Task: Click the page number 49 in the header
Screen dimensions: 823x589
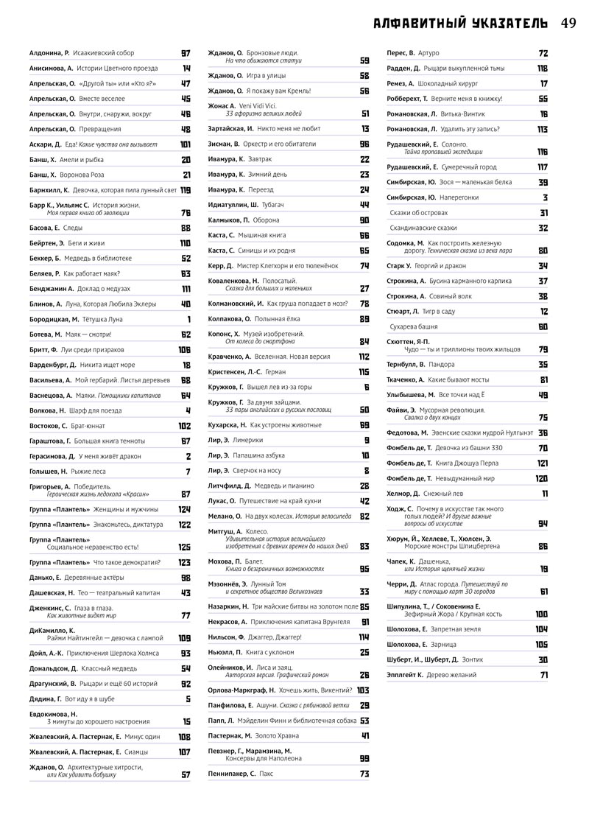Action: (567, 23)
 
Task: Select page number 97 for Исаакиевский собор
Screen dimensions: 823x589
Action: (186, 54)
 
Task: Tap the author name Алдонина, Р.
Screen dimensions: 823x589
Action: (49, 54)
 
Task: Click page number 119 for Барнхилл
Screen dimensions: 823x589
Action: (186, 190)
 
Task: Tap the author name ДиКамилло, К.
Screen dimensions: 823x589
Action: (52, 631)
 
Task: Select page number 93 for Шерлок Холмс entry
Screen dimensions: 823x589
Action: (186, 653)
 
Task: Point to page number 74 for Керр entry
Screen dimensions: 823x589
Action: (364, 265)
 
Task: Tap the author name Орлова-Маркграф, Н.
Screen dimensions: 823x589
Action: (241, 690)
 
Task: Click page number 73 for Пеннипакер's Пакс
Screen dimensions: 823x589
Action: (364, 774)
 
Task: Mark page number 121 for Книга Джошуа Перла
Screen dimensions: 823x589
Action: (542, 463)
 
